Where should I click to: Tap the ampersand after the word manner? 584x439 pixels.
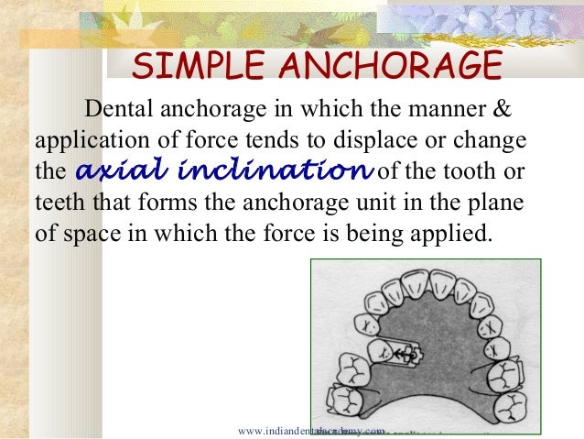pos(503,111)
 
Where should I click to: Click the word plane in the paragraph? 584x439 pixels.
pos(503,199)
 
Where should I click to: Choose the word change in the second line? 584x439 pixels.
pos(493,140)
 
